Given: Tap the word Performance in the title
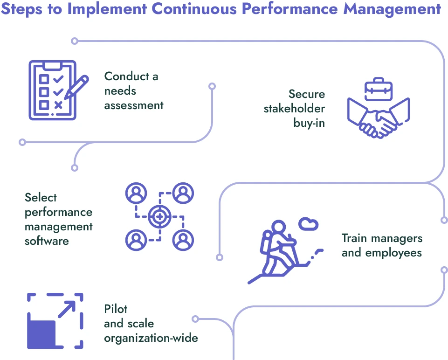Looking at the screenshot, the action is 272,9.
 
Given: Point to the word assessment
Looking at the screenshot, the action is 134,105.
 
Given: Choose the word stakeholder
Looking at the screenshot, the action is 294,109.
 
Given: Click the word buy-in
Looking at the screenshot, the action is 309,123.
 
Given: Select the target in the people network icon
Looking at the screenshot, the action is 159,216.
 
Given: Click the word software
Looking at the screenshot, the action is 47,241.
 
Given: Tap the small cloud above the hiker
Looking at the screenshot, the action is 308,223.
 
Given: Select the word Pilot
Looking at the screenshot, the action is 116,309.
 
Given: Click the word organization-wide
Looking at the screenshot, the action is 151,338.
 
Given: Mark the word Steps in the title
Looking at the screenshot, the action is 26,9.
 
